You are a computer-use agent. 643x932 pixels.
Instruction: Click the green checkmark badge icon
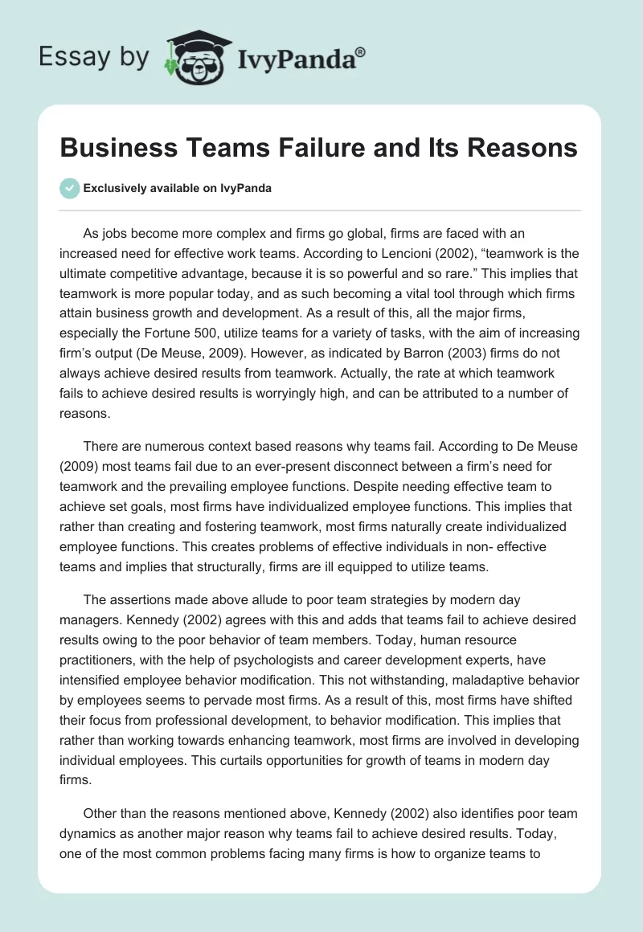(69, 188)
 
